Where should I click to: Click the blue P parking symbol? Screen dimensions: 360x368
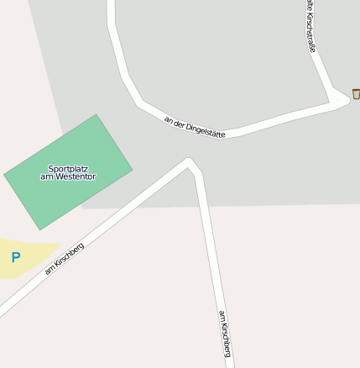15,257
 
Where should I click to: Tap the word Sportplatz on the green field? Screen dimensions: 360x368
68,169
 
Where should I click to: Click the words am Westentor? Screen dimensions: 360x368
68,176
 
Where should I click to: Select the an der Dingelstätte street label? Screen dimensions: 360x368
195,127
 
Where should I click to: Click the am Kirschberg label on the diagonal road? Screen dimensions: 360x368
65,258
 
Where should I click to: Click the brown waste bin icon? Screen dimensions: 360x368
356,93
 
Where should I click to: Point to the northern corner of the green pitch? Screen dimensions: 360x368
97,115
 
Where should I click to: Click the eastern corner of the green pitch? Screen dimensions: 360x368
132,168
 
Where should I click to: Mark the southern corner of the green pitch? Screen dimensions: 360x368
39,229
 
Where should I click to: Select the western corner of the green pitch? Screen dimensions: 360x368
4,176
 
